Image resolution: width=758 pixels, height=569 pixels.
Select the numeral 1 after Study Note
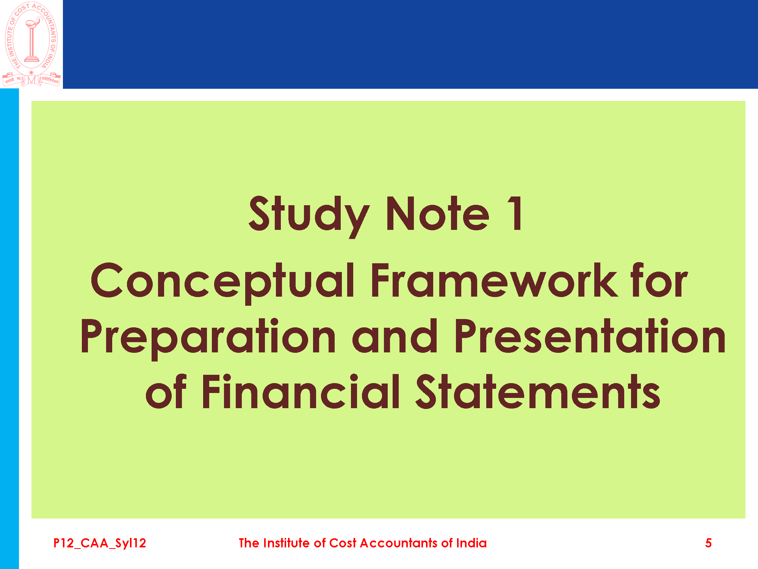(516, 213)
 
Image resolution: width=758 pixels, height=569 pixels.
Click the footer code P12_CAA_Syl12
(100, 543)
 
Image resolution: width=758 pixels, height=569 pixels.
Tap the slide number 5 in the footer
(708, 543)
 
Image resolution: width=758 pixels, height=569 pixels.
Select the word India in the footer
(471, 543)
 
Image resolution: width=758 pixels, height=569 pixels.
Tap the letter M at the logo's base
(31, 80)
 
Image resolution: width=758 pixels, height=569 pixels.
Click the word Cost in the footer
(343, 543)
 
